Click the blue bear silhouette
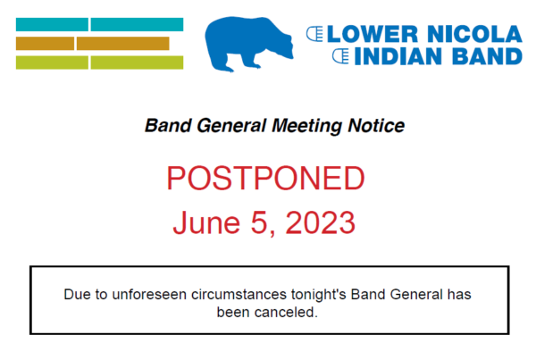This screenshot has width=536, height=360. (247, 44)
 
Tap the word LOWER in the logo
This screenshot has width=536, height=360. (373, 34)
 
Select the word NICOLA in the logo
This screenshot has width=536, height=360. (475, 34)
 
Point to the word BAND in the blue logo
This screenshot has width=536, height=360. (487, 56)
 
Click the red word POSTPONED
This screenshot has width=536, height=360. (265, 178)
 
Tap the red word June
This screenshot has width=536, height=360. (206, 222)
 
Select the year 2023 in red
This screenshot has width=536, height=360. (321, 222)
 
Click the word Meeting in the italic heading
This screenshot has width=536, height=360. (306, 126)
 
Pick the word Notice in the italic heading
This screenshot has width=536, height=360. (376, 125)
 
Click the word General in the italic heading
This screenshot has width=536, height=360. (231, 126)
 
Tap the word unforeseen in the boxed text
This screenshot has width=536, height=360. (149, 295)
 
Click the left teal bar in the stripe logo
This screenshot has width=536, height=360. (52, 25)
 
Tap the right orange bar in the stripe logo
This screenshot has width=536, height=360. (123, 44)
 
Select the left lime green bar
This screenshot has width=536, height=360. (52, 63)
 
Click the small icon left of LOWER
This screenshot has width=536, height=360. (314, 34)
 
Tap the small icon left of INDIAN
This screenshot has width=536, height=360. (341, 56)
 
